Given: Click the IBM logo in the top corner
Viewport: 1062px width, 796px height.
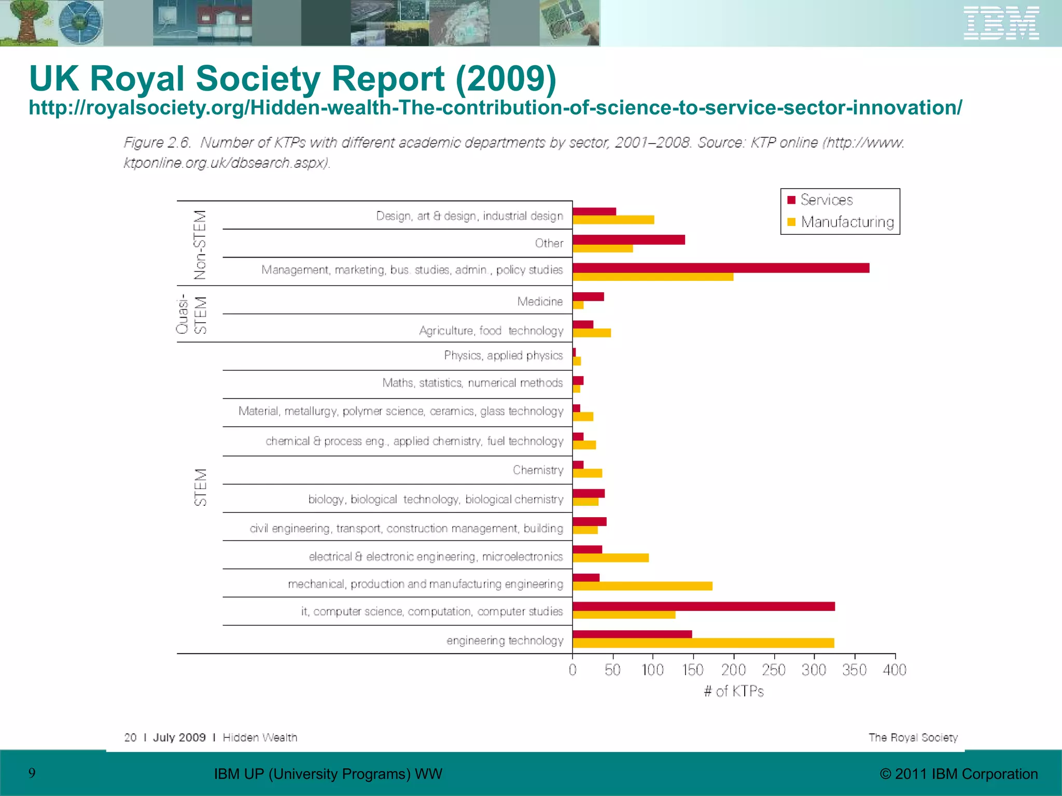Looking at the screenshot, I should coord(1001,23).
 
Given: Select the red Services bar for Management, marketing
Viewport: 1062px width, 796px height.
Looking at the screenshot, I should coord(721,268).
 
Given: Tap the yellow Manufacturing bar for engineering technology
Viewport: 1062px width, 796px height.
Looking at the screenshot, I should coord(703,643).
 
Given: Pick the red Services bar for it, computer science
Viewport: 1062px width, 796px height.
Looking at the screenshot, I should coord(704,606).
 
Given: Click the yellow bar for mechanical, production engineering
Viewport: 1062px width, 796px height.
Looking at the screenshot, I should coord(642,586).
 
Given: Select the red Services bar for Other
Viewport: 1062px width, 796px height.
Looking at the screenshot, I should coord(628,240).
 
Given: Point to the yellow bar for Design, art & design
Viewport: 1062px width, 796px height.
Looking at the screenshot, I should coord(613,220).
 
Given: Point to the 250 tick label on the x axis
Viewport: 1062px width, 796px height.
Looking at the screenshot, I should coord(774,670).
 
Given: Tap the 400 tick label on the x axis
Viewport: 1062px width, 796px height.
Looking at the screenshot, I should coord(895,670).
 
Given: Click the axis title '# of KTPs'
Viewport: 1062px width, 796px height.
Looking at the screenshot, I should coord(734,691).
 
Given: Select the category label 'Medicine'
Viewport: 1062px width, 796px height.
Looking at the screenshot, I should coord(540,302).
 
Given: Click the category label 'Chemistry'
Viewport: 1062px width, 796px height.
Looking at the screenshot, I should coord(538,470).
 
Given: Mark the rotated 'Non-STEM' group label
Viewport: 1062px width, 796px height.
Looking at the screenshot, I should coord(200,245).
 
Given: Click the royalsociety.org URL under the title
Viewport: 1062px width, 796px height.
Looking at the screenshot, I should coord(495,108).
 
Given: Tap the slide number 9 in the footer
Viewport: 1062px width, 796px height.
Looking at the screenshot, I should coord(32,773).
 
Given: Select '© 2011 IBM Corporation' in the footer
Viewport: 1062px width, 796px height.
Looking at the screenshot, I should coord(959,774).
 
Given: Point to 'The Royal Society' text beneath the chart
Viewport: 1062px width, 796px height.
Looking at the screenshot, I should coord(913,737).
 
